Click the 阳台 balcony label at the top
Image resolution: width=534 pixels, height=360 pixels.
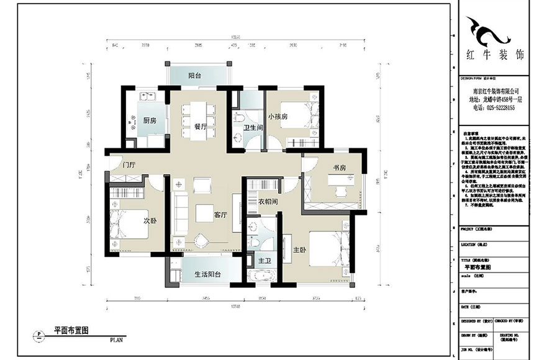pyautogui.click(x=194, y=75)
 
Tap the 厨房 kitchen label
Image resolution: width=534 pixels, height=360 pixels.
pyautogui.click(x=149, y=120)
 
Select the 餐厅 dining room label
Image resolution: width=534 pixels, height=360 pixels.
pyautogui.click(x=201, y=126)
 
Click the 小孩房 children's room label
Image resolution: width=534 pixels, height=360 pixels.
pyautogui.click(x=278, y=116)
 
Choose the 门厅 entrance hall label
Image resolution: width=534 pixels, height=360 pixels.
pyautogui.click(x=129, y=165)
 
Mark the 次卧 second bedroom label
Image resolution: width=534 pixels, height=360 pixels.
pyautogui.click(x=150, y=220)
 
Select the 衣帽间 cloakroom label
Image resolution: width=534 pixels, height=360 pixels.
pyautogui.click(x=267, y=201)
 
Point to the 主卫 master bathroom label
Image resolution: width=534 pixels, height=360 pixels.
pyautogui.click(x=265, y=261)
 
